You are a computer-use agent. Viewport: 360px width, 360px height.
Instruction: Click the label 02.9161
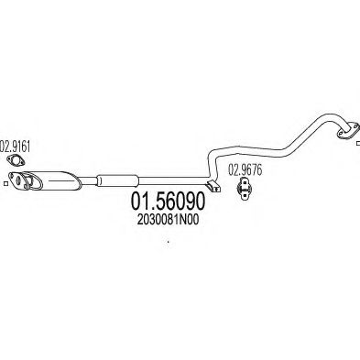point(16,146)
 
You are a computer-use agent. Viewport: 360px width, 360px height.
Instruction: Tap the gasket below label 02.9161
point(16,164)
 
